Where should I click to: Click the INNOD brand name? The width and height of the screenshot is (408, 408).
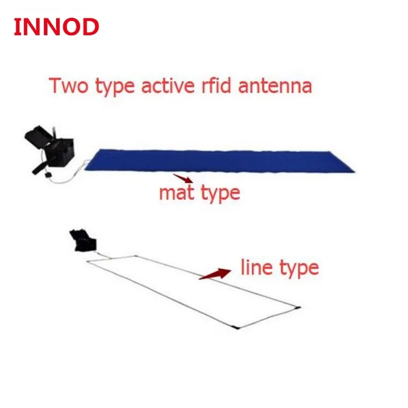pos(56,27)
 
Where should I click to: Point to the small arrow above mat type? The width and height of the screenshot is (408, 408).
pos(184,178)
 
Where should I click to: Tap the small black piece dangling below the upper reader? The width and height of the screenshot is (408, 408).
pos(47,174)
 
